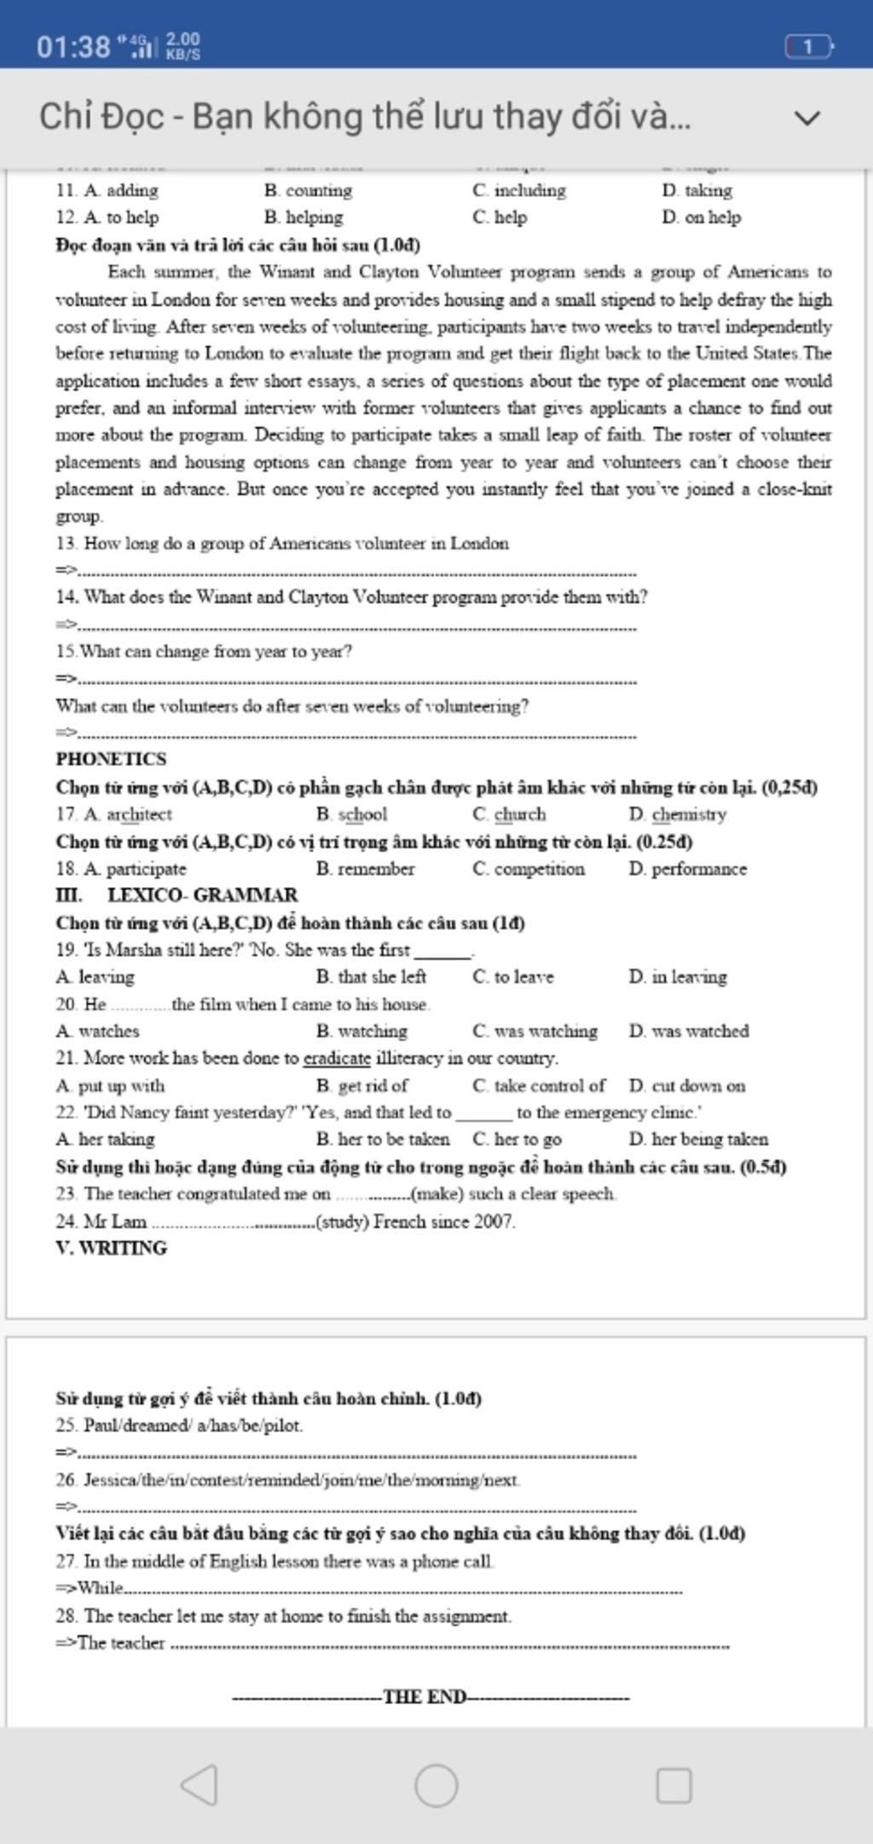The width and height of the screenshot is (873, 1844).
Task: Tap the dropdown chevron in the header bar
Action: tap(807, 118)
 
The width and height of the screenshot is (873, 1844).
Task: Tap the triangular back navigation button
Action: tap(200, 1784)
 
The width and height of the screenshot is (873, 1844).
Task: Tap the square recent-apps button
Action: tap(674, 1785)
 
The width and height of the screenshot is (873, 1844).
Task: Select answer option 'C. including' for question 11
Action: tap(519, 190)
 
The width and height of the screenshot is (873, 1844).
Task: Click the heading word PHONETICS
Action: tap(111, 759)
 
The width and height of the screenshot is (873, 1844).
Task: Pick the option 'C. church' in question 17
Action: tap(509, 815)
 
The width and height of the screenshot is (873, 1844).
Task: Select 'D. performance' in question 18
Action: tap(687, 869)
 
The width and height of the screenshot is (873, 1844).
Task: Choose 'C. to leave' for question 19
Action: tap(512, 977)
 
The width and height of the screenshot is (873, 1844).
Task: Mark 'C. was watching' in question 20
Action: tap(535, 1031)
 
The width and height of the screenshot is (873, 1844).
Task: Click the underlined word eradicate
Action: tap(337, 1058)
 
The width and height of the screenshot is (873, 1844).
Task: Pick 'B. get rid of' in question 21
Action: tap(361, 1086)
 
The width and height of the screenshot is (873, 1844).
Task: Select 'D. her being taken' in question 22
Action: tap(698, 1139)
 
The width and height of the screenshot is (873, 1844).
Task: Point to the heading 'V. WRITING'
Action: tap(112, 1248)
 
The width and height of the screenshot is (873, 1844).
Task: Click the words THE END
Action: tap(425, 1696)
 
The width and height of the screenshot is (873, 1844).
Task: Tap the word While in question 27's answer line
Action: tap(101, 1588)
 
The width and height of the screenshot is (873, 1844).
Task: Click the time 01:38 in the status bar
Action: tap(73, 46)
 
